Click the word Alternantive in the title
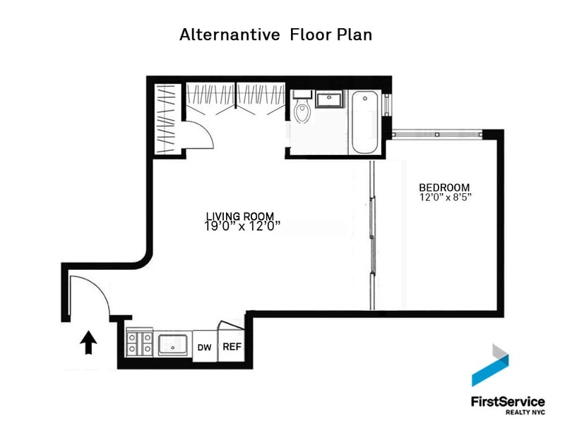(230, 35)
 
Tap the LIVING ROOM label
(240, 216)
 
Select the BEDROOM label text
(444, 188)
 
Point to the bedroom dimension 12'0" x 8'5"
(446, 197)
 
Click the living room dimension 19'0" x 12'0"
(242, 226)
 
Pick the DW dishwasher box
(205, 346)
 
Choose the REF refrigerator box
(232, 345)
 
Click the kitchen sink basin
(173, 345)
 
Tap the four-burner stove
(139, 343)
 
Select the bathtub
(364, 122)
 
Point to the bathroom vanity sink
(330, 99)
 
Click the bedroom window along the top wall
(437, 134)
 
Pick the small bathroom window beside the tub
(387, 104)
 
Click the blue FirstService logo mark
(490, 365)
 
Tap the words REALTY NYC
(525, 412)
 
